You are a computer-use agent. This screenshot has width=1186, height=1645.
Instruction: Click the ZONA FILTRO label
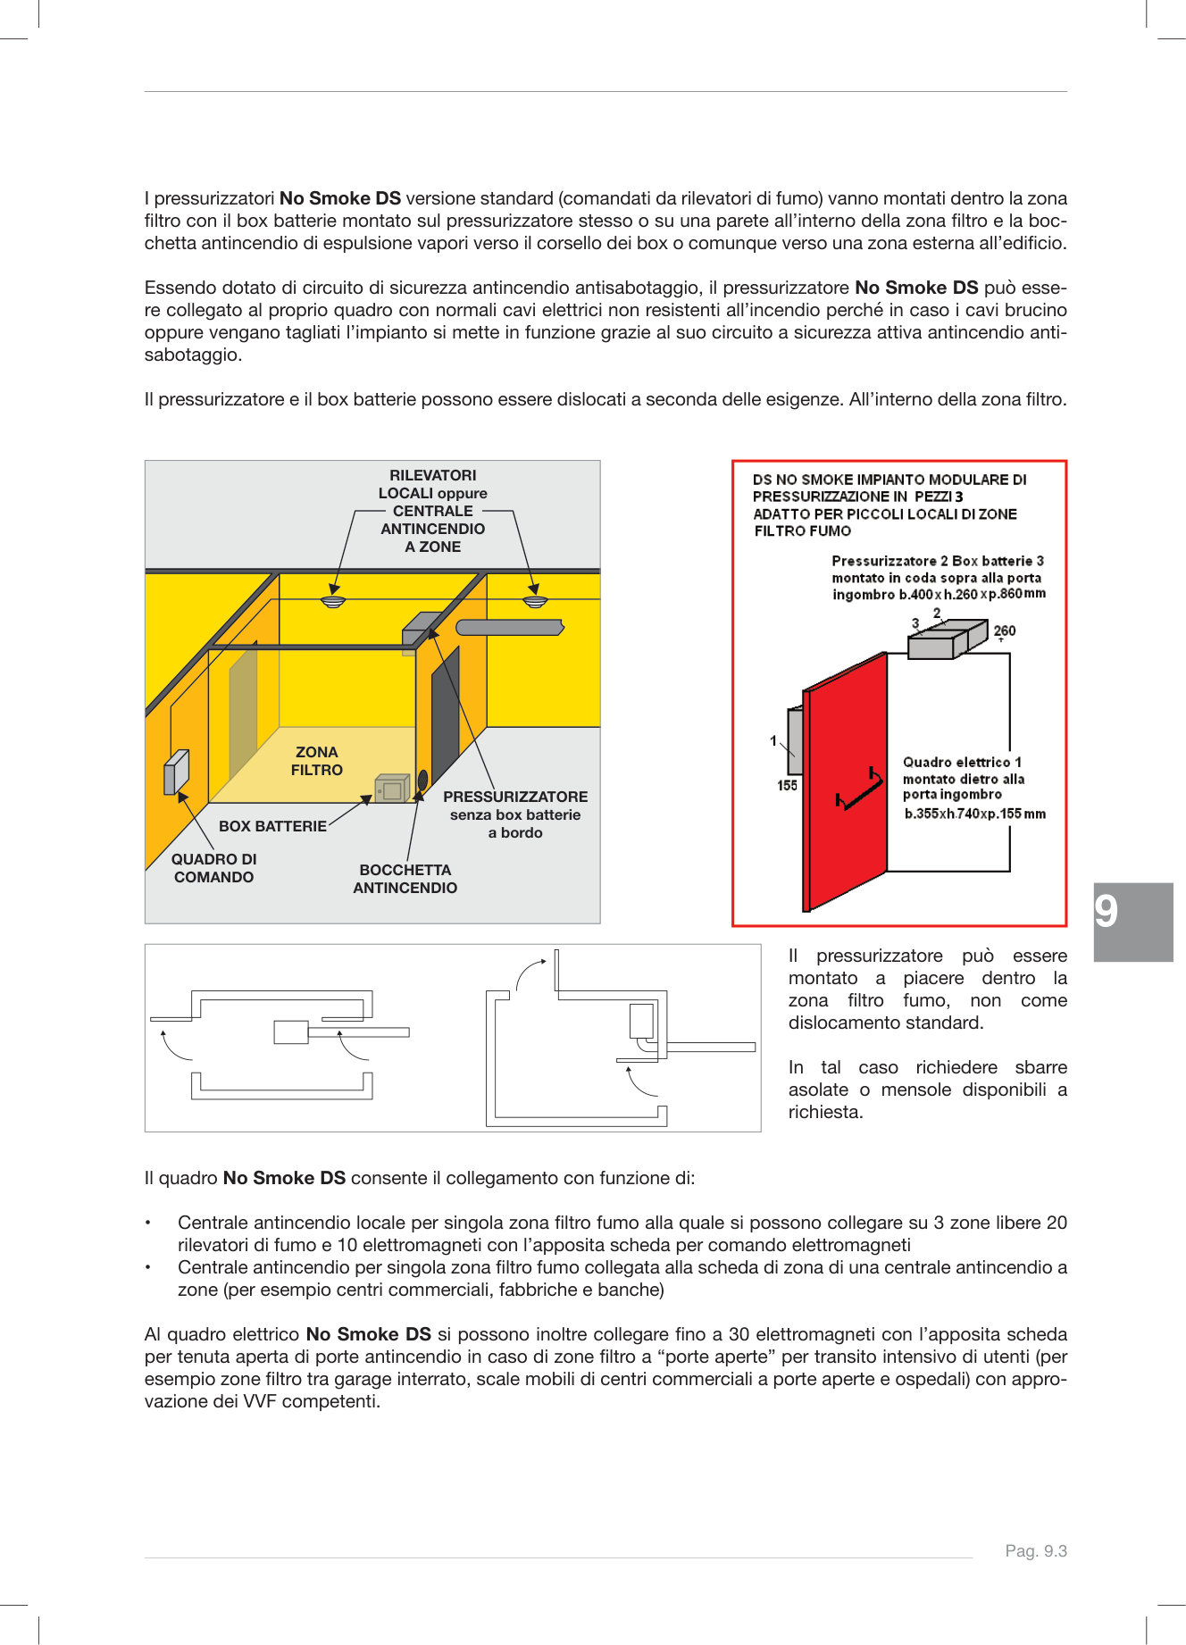tap(316, 761)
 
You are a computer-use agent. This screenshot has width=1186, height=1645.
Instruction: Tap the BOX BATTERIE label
tap(272, 826)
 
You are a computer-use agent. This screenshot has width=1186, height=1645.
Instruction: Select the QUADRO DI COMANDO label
tap(213, 868)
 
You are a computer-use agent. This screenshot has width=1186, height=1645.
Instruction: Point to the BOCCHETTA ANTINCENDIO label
tap(405, 879)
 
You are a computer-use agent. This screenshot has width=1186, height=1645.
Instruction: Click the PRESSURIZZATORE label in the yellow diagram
tap(515, 797)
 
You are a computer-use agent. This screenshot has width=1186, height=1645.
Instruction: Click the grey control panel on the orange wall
tap(176, 772)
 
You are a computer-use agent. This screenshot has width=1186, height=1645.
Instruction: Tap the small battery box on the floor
tap(391, 789)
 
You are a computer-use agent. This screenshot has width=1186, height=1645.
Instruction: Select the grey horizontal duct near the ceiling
tap(509, 627)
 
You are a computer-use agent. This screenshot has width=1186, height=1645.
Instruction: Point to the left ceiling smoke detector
tap(333, 601)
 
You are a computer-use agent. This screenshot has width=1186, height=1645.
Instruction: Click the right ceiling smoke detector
tap(535, 600)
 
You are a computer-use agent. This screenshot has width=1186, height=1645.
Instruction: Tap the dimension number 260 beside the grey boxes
tap(1005, 630)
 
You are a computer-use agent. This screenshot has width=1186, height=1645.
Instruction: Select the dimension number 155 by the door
tap(787, 785)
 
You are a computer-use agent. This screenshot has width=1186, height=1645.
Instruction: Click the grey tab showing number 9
tap(1132, 922)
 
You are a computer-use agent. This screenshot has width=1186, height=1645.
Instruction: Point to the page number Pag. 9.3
tap(1036, 1551)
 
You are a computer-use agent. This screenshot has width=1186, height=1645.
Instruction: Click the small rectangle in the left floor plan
tap(290, 1032)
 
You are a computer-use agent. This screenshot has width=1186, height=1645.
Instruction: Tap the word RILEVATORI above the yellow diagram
tap(432, 475)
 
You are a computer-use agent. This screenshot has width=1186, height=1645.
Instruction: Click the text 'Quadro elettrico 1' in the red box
tap(961, 762)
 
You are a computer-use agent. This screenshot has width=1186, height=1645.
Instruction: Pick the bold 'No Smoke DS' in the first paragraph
tap(339, 198)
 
